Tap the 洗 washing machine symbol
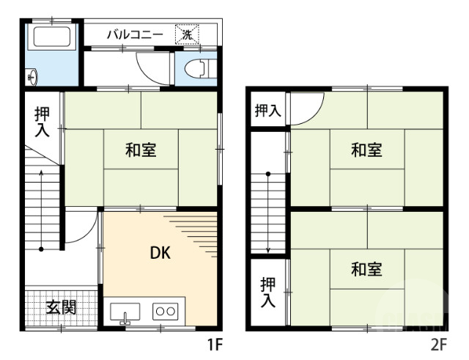(x=187, y=34)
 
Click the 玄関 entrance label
(x=62, y=307)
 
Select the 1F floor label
(x=213, y=343)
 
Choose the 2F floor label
(x=438, y=343)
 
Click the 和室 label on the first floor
(x=140, y=150)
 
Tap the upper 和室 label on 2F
(x=366, y=150)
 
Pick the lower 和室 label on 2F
(x=366, y=269)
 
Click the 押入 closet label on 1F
(x=42, y=122)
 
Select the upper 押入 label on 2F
(x=267, y=111)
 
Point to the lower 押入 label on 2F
(x=268, y=291)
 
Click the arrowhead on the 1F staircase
(x=42, y=174)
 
